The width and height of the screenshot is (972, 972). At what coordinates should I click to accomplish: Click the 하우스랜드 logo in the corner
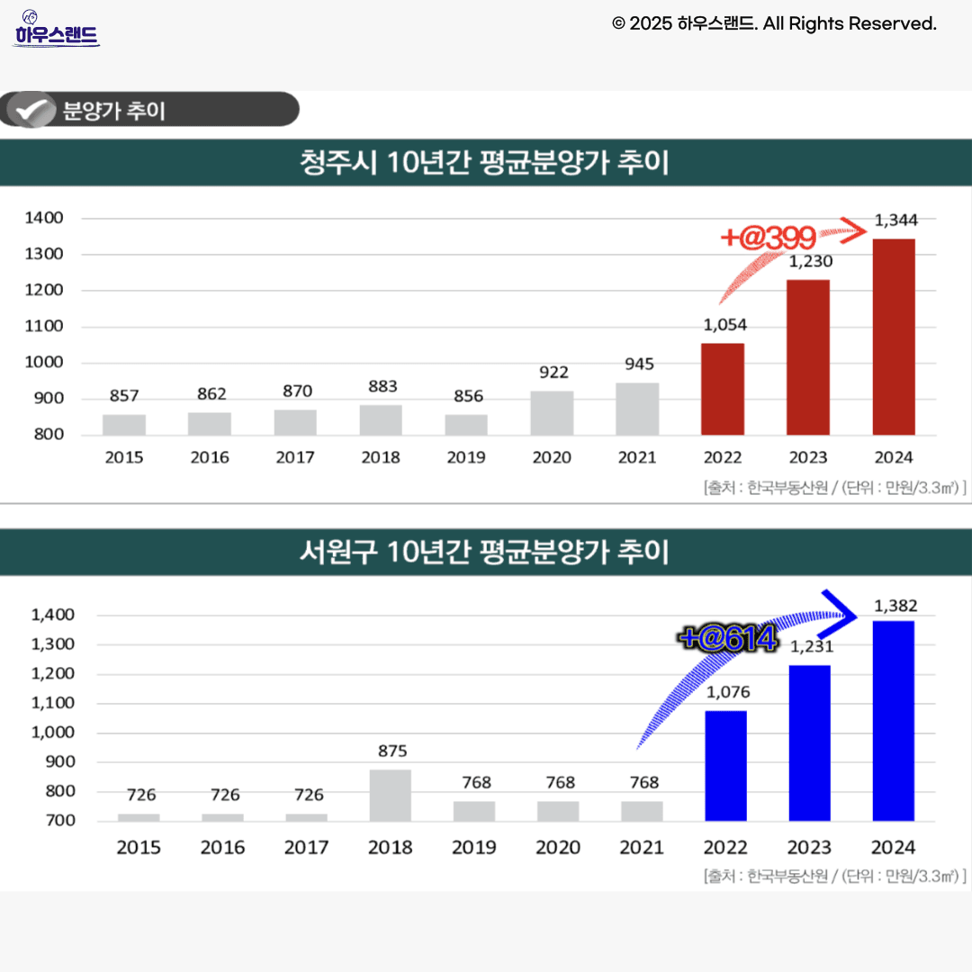click(56, 31)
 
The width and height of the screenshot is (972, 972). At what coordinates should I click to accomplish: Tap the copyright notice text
click(774, 23)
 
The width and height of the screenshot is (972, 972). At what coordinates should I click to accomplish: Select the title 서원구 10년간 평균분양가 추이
click(484, 551)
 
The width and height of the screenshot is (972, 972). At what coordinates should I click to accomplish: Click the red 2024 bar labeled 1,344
click(894, 337)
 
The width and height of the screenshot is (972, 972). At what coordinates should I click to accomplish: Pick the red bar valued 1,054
click(723, 389)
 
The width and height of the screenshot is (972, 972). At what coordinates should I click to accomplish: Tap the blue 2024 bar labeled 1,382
click(894, 720)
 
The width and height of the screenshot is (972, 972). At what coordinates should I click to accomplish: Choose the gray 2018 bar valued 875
click(390, 795)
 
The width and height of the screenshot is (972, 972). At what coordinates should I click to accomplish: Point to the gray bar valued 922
click(552, 412)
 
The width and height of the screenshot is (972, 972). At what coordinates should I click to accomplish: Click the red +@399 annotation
click(769, 238)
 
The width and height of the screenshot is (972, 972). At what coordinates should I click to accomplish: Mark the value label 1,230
click(810, 262)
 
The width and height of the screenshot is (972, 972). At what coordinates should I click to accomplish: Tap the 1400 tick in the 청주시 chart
click(44, 218)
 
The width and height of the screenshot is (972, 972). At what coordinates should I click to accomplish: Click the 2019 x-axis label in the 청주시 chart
click(466, 457)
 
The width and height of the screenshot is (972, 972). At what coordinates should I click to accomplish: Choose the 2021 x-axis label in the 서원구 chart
click(642, 847)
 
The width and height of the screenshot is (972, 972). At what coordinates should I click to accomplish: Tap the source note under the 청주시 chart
click(835, 488)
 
